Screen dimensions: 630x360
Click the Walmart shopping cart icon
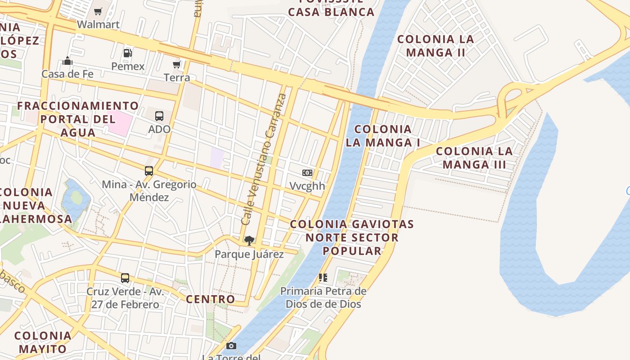pyautogui.click(x=98, y=11)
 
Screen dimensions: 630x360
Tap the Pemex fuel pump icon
pyautogui.click(x=128, y=53)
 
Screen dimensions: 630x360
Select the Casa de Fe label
pyautogui.click(x=67, y=74)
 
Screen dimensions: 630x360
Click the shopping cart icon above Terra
pyautogui.click(x=177, y=64)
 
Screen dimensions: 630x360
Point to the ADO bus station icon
pyautogui.click(x=159, y=116)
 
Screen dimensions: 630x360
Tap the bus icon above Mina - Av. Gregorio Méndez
pyautogui.click(x=149, y=171)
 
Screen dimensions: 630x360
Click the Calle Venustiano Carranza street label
pyautogui.click(x=264, y=159)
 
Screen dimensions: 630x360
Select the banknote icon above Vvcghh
pyautogui.click(x=307, y=173)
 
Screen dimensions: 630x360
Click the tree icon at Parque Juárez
pyautogui.click(x=249, y=241)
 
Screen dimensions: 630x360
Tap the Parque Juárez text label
pyautogui.click(x=249, y=254)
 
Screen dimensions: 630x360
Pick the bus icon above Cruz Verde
pyautogui.click(x=125, y=278)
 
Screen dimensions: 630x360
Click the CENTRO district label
pyautogui.click(x=211, y=299)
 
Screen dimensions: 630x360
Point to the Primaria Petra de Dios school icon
pyautogui.click(x=323, y=278)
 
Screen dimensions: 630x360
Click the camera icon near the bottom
pyautogui.click(x=231, y=346)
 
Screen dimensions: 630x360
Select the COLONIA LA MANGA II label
pyautogui.click(x=436, y=46)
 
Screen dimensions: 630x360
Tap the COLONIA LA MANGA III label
pyautogui.click(x=474, y=157)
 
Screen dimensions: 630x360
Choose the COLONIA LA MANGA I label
pyautogui.click(x=383, y=136)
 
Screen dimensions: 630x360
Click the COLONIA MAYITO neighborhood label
pyautogui.click(x=43, y=342)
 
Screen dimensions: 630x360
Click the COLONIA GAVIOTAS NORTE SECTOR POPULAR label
pyautogui.click(x=352, y=237)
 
